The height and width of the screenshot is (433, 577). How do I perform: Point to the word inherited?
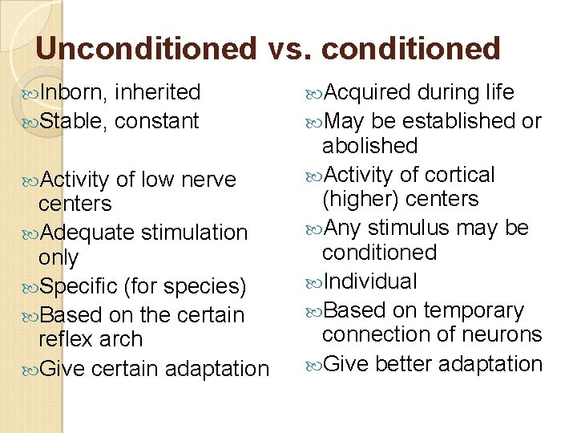pos(157,93)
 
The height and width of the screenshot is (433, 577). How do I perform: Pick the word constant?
pos(156,122)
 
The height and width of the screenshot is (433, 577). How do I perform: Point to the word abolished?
pos(369,146)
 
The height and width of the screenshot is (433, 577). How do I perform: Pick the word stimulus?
pos(411,229)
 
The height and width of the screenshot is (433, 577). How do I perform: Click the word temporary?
pos(473,311)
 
